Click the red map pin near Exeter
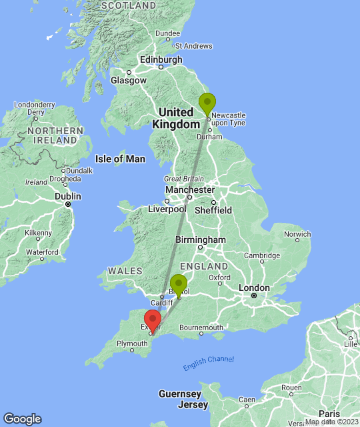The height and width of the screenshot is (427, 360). point(152,320)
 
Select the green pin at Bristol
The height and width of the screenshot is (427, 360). point(178,284)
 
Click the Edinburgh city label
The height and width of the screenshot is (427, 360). point(161,59)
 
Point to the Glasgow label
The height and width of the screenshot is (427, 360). point(129,80)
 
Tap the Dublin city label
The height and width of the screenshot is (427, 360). point(67,197)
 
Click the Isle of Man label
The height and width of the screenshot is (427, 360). point(120,159)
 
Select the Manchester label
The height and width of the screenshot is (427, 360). point(189,189)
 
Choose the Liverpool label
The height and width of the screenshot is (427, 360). point(166,209)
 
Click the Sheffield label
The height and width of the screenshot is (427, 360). point(213,210)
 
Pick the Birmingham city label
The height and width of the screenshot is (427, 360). point(200,240)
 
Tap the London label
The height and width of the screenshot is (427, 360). point(254,288)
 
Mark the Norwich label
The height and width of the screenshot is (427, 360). point(297,234)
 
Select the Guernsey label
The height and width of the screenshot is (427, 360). point(180,394)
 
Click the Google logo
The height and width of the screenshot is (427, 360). point(22,419)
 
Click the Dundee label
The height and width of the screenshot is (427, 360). point(167,33)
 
